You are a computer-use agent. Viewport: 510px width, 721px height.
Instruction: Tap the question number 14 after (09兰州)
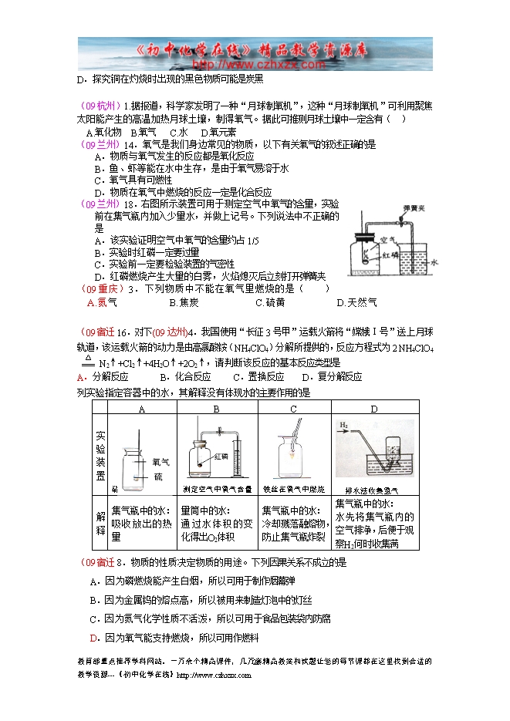pyautogui.click(x=130, y=144)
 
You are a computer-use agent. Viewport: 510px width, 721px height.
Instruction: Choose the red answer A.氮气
pyautogui.click(x=97, y=302)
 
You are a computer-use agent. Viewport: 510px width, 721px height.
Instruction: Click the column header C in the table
pyautogui.click(x=294, y=409)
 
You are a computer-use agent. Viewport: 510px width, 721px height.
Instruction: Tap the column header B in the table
pyautogui.click(x=216, y=409)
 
